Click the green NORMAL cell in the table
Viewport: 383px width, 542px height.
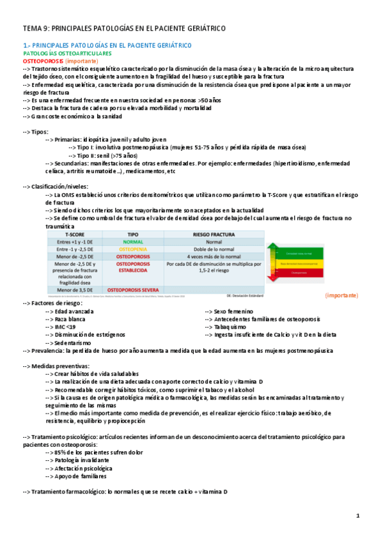pyautogui.click(x=133, y=242)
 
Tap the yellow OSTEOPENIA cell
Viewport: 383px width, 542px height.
pyautogui.click(x=133, y=249)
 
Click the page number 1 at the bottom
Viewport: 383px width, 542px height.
pyautogui.click(x=358, y=516)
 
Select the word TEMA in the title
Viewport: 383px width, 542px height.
pyautogui.click(x=32, y=29)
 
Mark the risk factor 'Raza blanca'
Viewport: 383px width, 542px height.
pyautogui.click(x=70, y=319)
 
